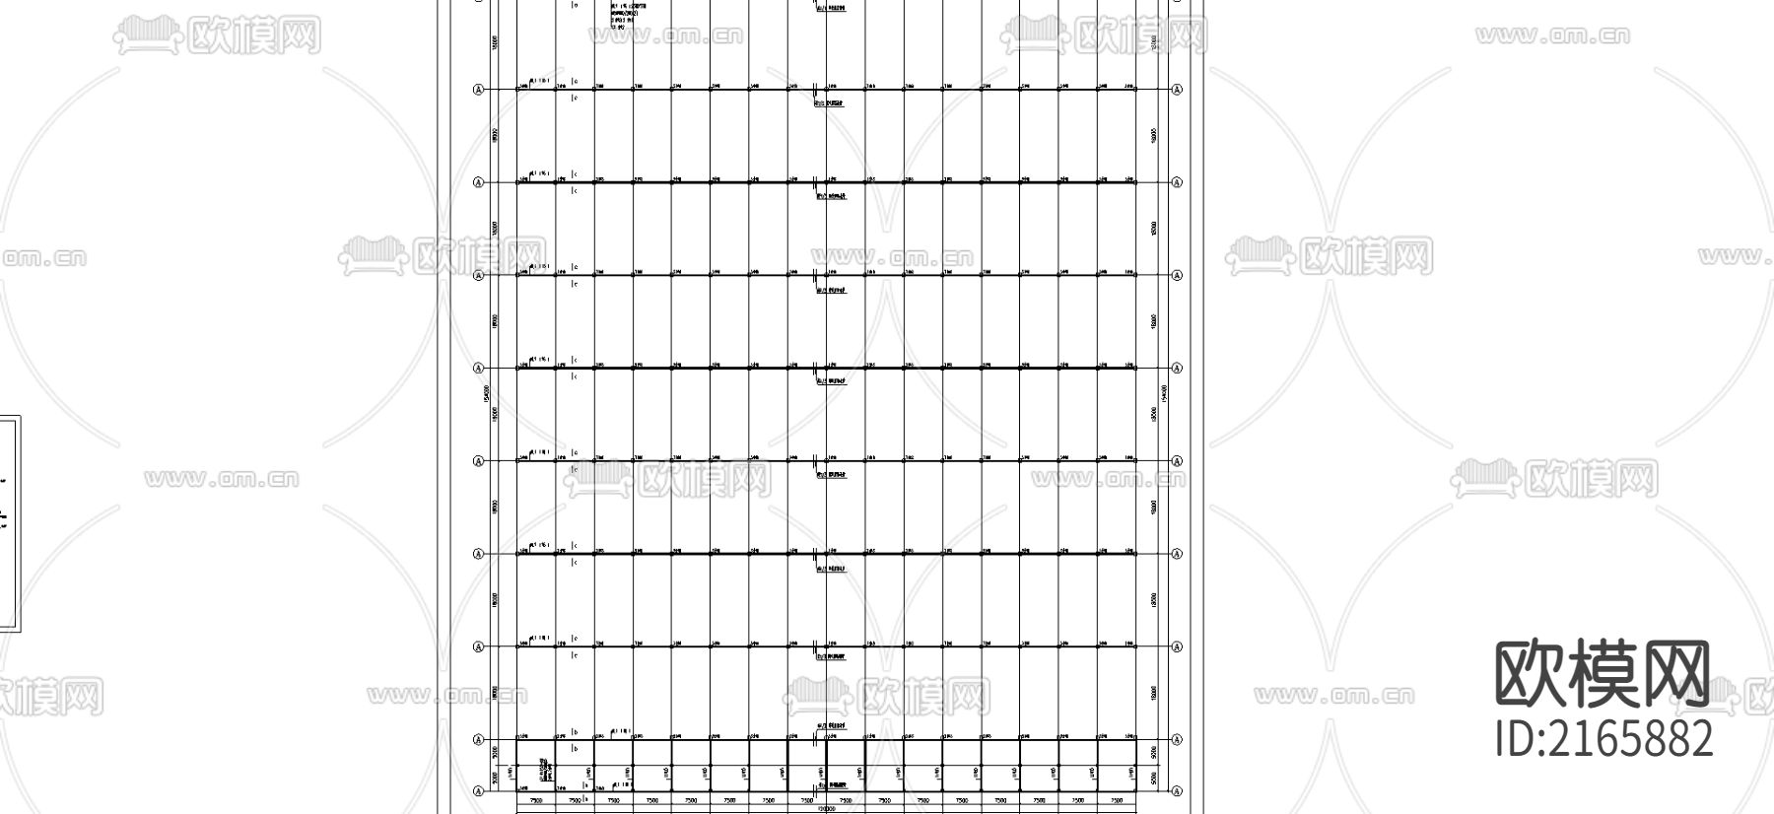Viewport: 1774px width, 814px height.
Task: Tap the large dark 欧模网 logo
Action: (x=1603, y=674)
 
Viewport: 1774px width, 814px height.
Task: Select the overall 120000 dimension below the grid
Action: (x=826, y=809)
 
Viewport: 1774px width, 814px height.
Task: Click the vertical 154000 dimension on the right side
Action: (x=1165, y=392)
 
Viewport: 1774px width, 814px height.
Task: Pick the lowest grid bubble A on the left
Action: (x=479, y=790)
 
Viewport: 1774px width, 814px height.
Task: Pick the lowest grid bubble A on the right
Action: (x=1176, y=790)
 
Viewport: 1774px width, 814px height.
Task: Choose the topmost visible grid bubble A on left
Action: (x=479, y=90)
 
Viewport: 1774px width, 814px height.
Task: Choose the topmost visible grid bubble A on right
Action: (x=1176, y=90)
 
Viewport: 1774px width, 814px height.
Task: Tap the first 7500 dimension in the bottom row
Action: (x=536, y=801)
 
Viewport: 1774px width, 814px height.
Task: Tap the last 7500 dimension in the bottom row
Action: (x=1117, y=801)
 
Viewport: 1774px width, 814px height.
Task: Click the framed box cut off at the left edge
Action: (x=9, y=522)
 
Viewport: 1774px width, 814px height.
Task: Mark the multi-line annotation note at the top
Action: (x=625, y=14)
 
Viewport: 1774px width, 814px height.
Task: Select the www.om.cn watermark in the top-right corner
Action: (x=1552, y=36)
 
